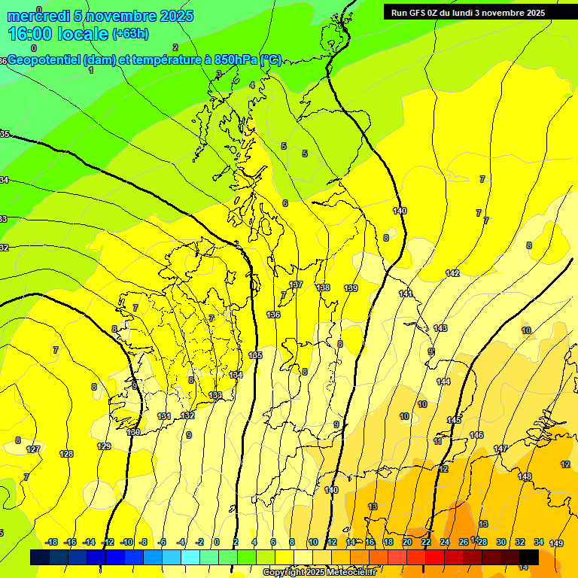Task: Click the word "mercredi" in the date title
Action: point(38,16)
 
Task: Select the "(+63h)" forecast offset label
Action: point(131,34)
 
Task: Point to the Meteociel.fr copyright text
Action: point(320,573)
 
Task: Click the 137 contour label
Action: point(296,284)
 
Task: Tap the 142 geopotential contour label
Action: point(452,273)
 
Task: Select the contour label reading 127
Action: point(33,449)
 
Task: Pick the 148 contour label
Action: point(525,476)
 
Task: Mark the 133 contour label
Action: point(215,395)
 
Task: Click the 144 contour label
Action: point(443,382)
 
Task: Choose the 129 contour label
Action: point(105,446)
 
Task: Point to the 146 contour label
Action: point(476,435)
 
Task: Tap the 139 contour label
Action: point(351,288)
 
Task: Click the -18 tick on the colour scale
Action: point(52,542)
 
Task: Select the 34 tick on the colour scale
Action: point(539,542)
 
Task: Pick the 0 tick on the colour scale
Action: point(216,542)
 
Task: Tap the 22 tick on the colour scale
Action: point(426,542)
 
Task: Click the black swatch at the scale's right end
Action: point(529,557)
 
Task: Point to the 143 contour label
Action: point(440,328)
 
